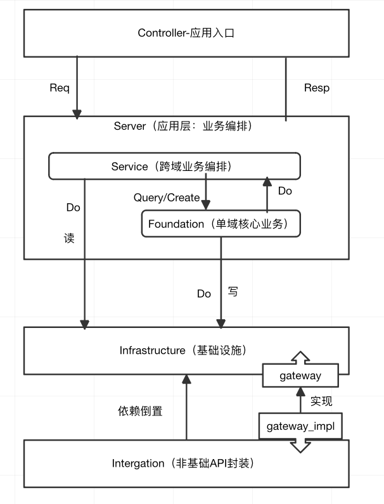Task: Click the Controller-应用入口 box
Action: [186, 33]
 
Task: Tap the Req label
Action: [59, 87]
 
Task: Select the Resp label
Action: [316, 88]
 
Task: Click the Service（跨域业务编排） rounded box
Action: [174, 167]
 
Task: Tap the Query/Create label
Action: [166, 198]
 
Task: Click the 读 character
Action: [69, 239]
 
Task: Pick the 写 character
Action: [233, 293]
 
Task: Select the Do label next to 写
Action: [203, 294]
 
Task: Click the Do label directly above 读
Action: [73, 207]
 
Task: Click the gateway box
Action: [300, 375]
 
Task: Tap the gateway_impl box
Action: [300, 426]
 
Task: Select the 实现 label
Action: [321, 401]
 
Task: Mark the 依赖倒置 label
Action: [140, 411]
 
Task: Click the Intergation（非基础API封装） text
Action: [183, 463]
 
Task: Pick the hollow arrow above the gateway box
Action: [300, 357]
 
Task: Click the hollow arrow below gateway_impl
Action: [300, 446]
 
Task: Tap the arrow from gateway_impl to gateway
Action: [300, 401]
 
